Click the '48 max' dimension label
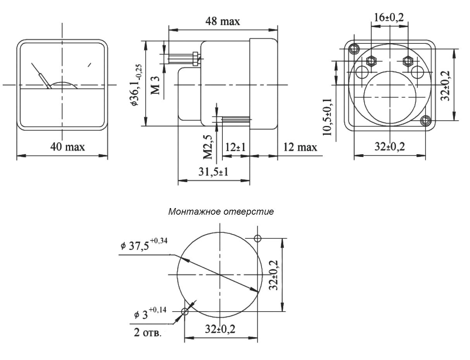coord(222,21)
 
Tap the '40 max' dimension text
coord(67,147)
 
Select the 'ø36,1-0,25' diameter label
coord(137,85)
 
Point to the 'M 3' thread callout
coord(155,85)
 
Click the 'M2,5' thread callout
coord(208,147)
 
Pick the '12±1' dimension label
coord(236,147)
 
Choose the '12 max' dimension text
coord(300,147)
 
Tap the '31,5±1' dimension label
coord(213,172)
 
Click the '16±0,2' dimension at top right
coord(389,17)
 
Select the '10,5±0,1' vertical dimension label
coord(327,117)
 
